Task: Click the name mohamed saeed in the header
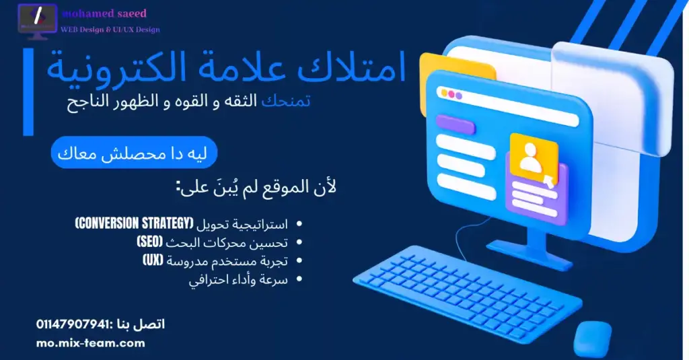point(104,13)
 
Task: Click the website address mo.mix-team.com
point(91,343)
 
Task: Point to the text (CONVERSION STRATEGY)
point(134,223)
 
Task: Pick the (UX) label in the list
point(155,260)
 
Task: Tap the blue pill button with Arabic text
point(134,154)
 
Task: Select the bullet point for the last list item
point(299,279)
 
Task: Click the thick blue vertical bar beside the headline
point(28,92)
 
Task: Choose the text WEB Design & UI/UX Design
point(110,30)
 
